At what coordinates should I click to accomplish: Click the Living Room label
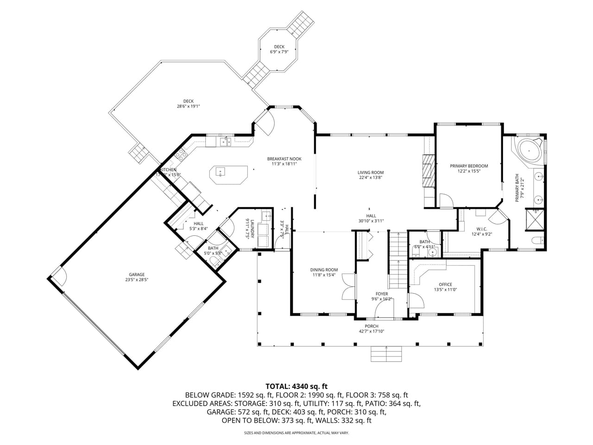(371, 172)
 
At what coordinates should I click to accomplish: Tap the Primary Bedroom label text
(469, 166)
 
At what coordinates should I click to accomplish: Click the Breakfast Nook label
(284, 159)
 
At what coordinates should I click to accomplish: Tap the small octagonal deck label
(279, 46)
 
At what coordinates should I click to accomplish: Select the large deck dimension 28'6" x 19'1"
(188, 106)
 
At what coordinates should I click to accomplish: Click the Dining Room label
(324, 270)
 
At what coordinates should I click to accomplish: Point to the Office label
(445, 285)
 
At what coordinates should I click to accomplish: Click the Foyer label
(382, 294)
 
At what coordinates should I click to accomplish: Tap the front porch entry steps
(386, 354)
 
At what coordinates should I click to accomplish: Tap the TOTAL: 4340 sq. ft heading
(296, 386)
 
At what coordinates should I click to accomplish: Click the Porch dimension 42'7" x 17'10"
(372, 331)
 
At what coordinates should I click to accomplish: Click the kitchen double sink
(226, 141)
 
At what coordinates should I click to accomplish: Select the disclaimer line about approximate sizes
(296, 433)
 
